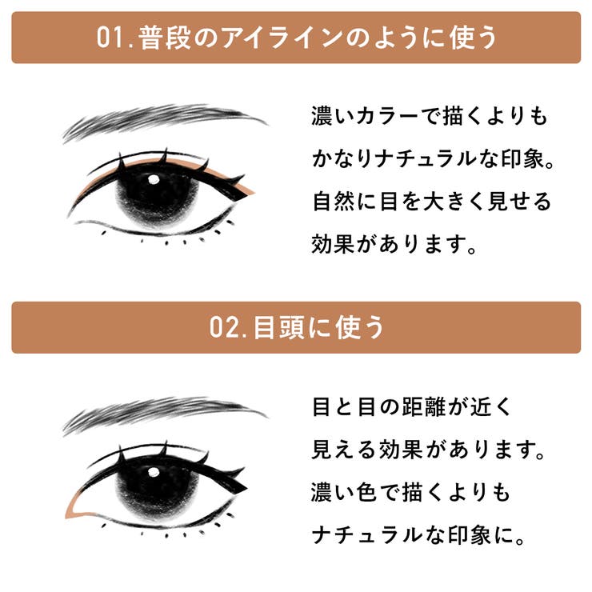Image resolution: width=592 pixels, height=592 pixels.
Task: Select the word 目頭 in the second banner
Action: point(278,327)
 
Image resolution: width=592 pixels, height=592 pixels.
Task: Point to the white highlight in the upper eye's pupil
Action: point(154,179)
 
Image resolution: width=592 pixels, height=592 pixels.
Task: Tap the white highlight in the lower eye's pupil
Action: point(154,472)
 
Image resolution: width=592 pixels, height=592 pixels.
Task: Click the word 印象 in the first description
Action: point(523,158)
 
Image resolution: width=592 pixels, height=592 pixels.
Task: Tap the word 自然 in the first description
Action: point(334,201)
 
